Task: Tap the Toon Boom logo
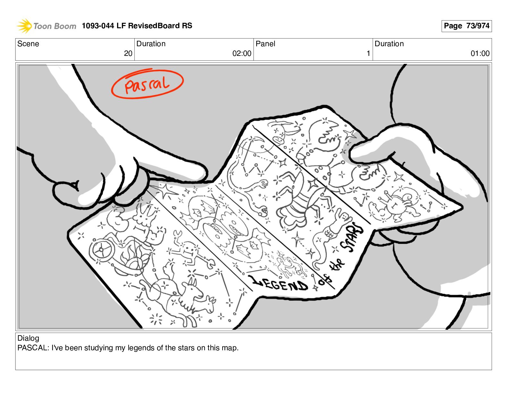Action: (x=47, y=26)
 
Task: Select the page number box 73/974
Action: (x=466, y=26)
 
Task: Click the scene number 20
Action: (x=128, y=53)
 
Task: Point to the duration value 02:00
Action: (x=242, y=53)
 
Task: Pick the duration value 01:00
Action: (x=480, y=53)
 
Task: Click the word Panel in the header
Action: (x=265, y=44)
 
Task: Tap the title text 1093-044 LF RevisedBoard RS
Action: (x=137, y=25)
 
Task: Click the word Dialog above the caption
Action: (x=28, y=338)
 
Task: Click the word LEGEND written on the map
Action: (x=278, y=284)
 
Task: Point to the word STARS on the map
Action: (x=352, y=237)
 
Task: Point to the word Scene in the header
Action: (x=28, y=44)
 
